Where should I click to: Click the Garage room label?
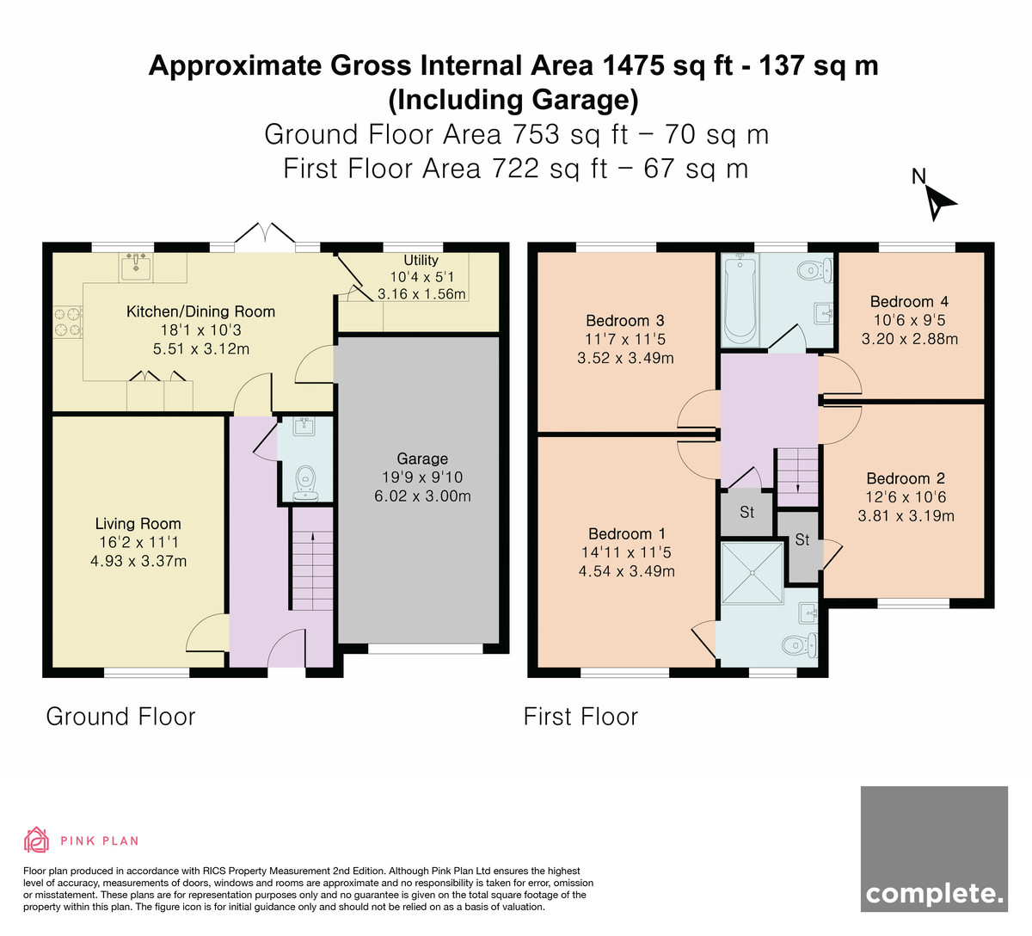click(422, 459)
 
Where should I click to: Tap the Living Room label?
click(138, 524)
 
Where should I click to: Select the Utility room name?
click(421, 261)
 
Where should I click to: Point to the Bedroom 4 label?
click(909, 301)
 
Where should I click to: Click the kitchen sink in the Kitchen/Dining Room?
click(136, 268)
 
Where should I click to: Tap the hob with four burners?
click(67, 322)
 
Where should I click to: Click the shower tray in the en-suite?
click(752, 572)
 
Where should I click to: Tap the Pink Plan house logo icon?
click(36, 840)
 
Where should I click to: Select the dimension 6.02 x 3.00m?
click(422, 496)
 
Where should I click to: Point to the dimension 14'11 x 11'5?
click(626, 552)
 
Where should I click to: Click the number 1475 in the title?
click(634, 66)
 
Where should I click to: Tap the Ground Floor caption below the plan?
click(121, 717)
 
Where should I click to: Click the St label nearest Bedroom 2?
click(802, 539)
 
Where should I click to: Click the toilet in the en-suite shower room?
click(799, 645)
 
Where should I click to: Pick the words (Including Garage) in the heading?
click(513, 101)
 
